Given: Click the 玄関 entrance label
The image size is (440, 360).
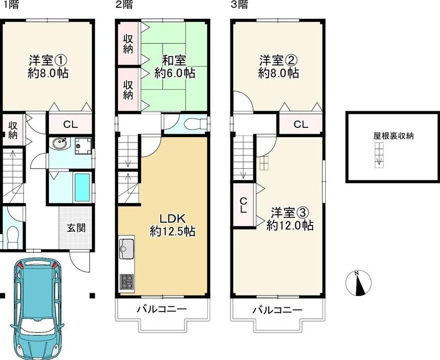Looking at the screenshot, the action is click(x=76, y=228).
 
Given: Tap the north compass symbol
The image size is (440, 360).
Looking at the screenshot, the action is click(x=358, y=283).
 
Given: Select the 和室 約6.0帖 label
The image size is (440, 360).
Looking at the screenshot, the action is click(x=175, y=67).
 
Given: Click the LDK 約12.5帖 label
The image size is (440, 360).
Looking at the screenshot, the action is click(x=173, y=225).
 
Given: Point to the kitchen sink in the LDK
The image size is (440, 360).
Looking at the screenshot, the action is click(x=127, y=249).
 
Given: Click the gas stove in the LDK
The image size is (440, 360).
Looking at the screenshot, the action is click(x=127, y=282).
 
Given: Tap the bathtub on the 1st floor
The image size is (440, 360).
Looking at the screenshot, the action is click(x=82, y=188).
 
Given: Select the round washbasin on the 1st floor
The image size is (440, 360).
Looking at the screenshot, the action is click(x=60, y=144).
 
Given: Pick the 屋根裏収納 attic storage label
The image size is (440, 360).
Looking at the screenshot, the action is click(x=393, y=136).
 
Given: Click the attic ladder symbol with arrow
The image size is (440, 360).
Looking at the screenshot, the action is click(x=379, y=155).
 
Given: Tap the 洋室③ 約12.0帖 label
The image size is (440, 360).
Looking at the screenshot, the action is click(x=290, y=219).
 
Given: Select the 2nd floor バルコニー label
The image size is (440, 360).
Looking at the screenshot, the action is click(x=162, y=310).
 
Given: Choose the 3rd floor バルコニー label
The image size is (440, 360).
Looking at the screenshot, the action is click(x=277, y=310).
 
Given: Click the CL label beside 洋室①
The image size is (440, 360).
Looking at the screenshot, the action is click(x=70, y=124).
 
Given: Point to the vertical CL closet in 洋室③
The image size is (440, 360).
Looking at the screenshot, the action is click(x=243, y=205).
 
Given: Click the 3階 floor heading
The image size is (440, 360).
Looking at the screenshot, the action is click(x=240, y=4).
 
